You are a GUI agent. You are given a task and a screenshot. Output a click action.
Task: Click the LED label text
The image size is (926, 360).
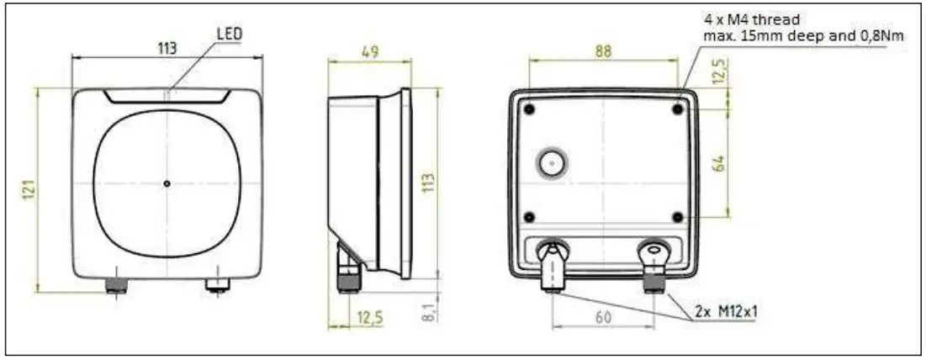coord(229,33)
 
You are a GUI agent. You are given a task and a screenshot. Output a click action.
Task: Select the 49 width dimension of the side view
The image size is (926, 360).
coord(369,50)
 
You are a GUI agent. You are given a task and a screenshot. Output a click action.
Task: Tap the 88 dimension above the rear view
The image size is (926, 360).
coord(602,50)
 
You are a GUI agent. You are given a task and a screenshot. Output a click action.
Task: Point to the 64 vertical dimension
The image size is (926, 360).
coord(718,163)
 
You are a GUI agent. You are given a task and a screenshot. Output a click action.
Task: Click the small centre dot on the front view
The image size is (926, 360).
coord(167,183)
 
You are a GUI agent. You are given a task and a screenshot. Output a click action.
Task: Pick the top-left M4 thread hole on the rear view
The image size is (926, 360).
coord(529,109)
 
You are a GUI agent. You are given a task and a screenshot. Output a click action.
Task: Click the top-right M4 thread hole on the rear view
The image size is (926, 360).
coord(678,109)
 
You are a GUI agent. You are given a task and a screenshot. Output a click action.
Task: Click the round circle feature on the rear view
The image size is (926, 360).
coord(552,163)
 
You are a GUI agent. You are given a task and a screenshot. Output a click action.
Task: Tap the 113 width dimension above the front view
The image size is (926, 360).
coord(167,49)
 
